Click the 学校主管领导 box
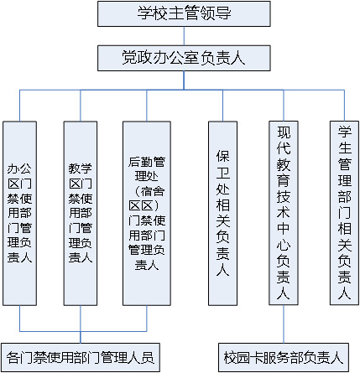pos(184,13)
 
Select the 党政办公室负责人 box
pos(184,58)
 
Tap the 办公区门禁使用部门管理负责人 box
pos(19,213)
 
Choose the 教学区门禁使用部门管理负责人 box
pos(81,213)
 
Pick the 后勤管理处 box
pos(147,213)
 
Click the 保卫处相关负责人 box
pos(222,213)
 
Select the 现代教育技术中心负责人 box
pos(284,213)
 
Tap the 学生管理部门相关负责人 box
pos(344,213)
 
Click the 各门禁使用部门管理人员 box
pos(81,357)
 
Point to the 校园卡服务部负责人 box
pos(284,357)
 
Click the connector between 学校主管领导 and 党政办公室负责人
pos(184,36)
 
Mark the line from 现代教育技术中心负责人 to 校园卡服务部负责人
pos(284,324)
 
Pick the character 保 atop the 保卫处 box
pos(223,156)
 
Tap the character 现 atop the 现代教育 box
pos(284,132)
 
